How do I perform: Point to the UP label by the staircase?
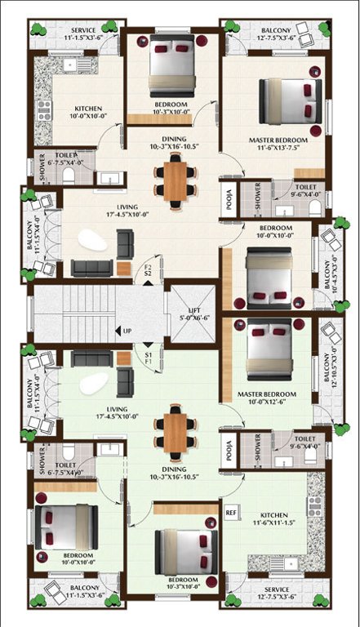(x=127, y=331)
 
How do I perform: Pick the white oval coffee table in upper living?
(x=92, y=241)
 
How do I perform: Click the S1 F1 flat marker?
(x=149, y=360)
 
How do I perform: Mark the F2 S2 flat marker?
(x=149, y=270)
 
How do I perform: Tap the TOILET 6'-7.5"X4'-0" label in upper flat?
(x=66, y=158)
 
